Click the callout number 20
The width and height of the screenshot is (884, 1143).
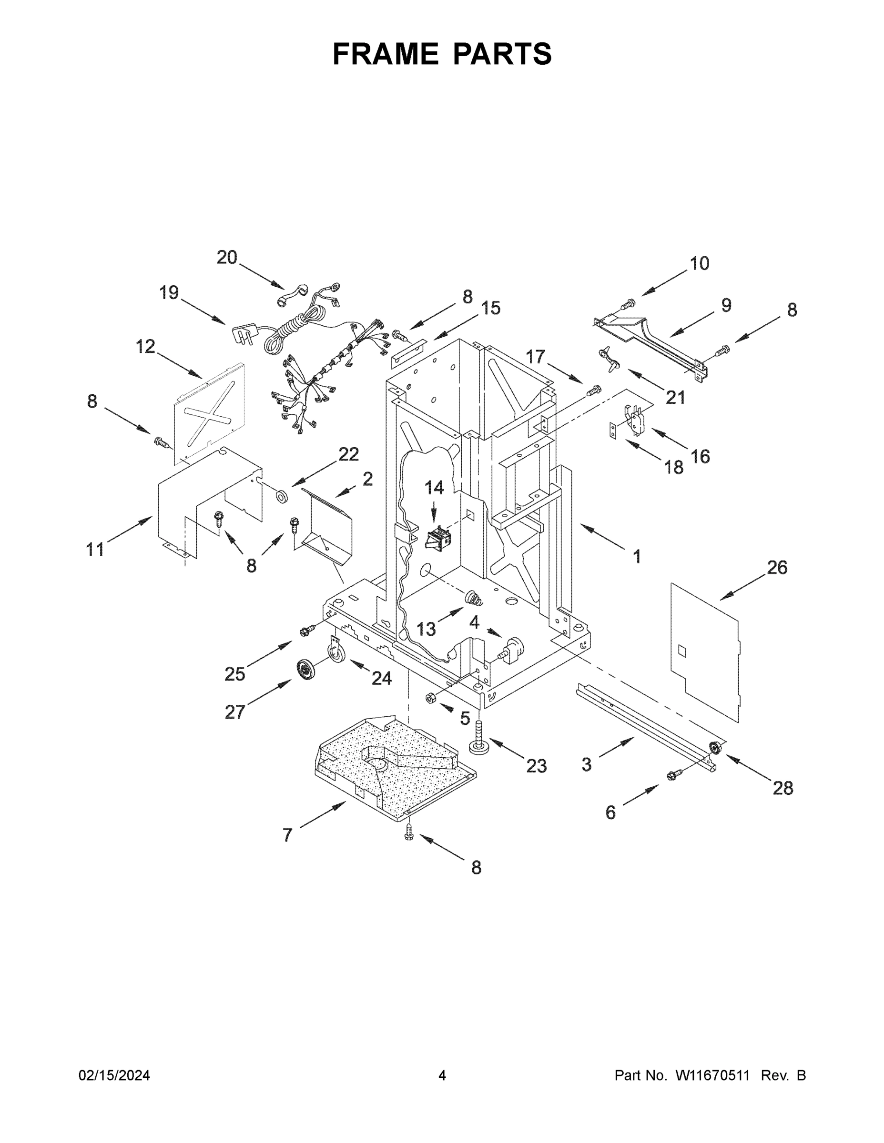point(227,258)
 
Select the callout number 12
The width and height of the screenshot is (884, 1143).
point(146,346)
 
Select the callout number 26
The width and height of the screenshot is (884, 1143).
point(777,567)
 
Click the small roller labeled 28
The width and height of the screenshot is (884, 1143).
point(713,747)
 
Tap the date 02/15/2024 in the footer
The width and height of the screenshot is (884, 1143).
point(114,1075)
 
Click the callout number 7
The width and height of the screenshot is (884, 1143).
point(287,835)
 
